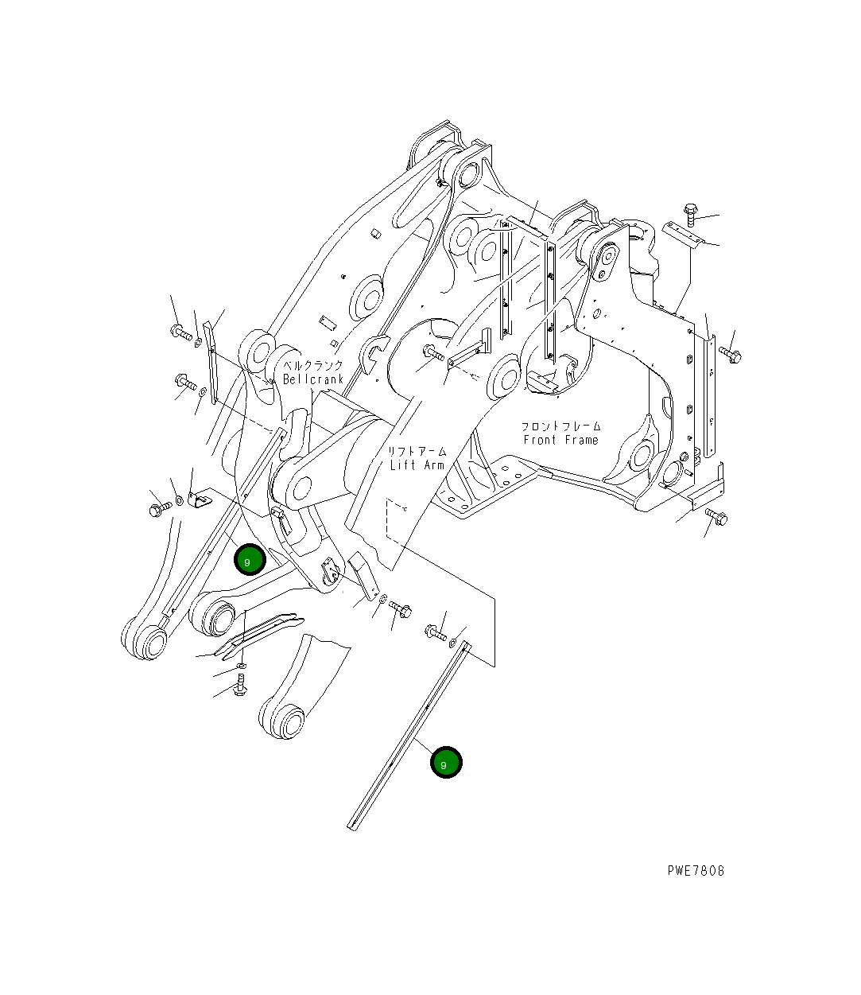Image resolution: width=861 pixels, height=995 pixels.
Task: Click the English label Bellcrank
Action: click(x=313, y=379)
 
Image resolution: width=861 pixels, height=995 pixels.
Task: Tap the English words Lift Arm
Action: click(x=417, y=464)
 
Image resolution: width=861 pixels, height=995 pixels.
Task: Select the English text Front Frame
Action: click(x=560, y=440)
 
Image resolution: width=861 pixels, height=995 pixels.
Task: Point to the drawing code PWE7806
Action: click(x=696, y=870)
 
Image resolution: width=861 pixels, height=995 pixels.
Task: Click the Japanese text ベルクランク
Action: click(x=313, y=365)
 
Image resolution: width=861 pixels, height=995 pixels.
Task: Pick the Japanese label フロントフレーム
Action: click(x=560, y=426)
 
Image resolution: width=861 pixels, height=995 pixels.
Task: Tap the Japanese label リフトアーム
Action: click(x=417, y=450)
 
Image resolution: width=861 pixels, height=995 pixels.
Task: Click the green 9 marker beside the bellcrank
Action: click(x=249, y=561)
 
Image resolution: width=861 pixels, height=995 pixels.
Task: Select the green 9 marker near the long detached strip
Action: click(x=446, y=763)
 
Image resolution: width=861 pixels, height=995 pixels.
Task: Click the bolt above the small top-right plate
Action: click(x=690, y=213)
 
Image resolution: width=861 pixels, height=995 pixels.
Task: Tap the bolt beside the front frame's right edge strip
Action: click(x=730, y=353)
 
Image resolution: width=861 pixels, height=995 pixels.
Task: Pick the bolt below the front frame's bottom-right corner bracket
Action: click(x=718, y=518)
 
